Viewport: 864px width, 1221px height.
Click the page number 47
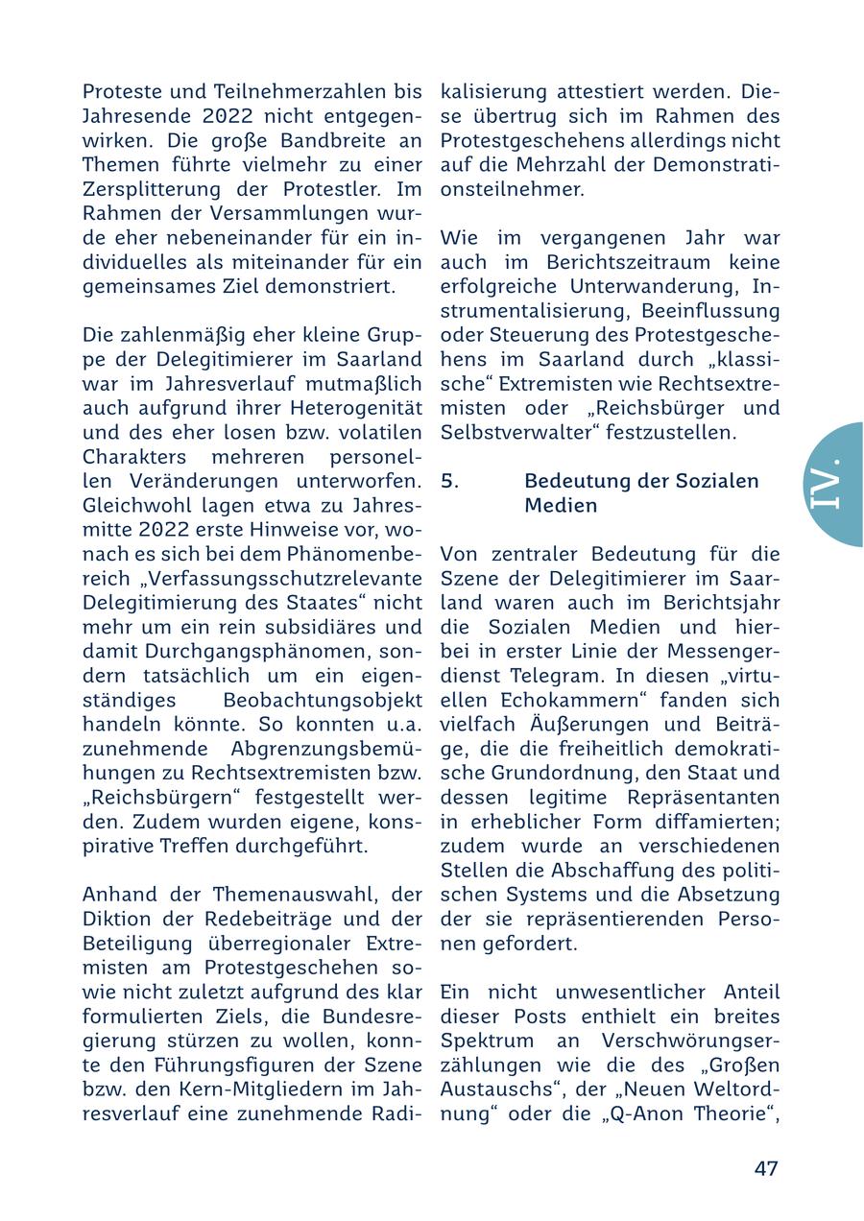click(x=765, y=1168)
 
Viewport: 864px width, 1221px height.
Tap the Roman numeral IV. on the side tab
click(x=827, y=484)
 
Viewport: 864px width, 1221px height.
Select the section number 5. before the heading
click(x=450, y=481)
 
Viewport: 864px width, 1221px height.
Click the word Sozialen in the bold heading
click(x=718, y=481)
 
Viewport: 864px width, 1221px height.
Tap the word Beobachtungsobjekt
click(x=322, y=700)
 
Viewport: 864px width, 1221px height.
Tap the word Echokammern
click(x=559, y=700)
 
